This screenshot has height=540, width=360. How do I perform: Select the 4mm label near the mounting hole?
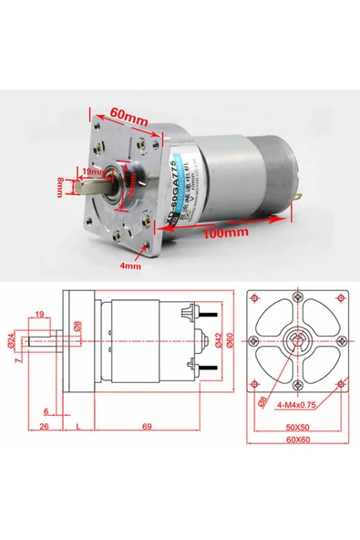(x=131, y=267)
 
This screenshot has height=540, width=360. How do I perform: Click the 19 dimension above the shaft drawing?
(x=39, y=315)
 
